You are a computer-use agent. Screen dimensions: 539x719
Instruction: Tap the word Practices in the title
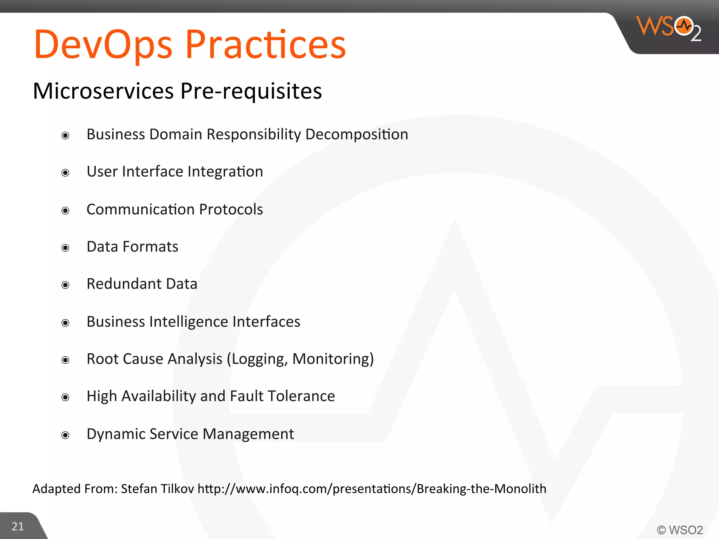pyautogui.click(x=265, y=45)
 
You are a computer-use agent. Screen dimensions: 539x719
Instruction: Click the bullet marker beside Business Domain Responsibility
pyautogui.click(x=65, y=135)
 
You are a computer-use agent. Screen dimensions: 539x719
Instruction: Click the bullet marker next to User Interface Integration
pyautogui.click(x=65, y=173)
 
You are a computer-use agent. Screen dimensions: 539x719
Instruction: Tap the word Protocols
pyautogui.click(x=231, y=209)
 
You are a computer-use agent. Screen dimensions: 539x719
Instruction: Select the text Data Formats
pyautogui.click(x=132, y=247)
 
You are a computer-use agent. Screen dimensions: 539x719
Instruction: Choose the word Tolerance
pyautogui.click(x=301, y=396)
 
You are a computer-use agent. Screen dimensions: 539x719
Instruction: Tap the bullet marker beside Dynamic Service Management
pyautogui.click(x=65, y=435)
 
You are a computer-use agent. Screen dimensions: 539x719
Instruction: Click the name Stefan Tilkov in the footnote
pyautogui.click(x=157, y=489)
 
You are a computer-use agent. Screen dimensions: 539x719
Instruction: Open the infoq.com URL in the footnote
pyautogui.click(x=372, y=489)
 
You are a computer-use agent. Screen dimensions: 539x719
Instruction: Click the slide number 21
pyautogui.click(x=18, y=526)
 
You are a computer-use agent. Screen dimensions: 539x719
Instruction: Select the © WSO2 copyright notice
pyautogui.click(x=680, y=530)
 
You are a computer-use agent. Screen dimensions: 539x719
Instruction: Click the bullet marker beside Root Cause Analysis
pyautogui.click(x=65, y=360)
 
